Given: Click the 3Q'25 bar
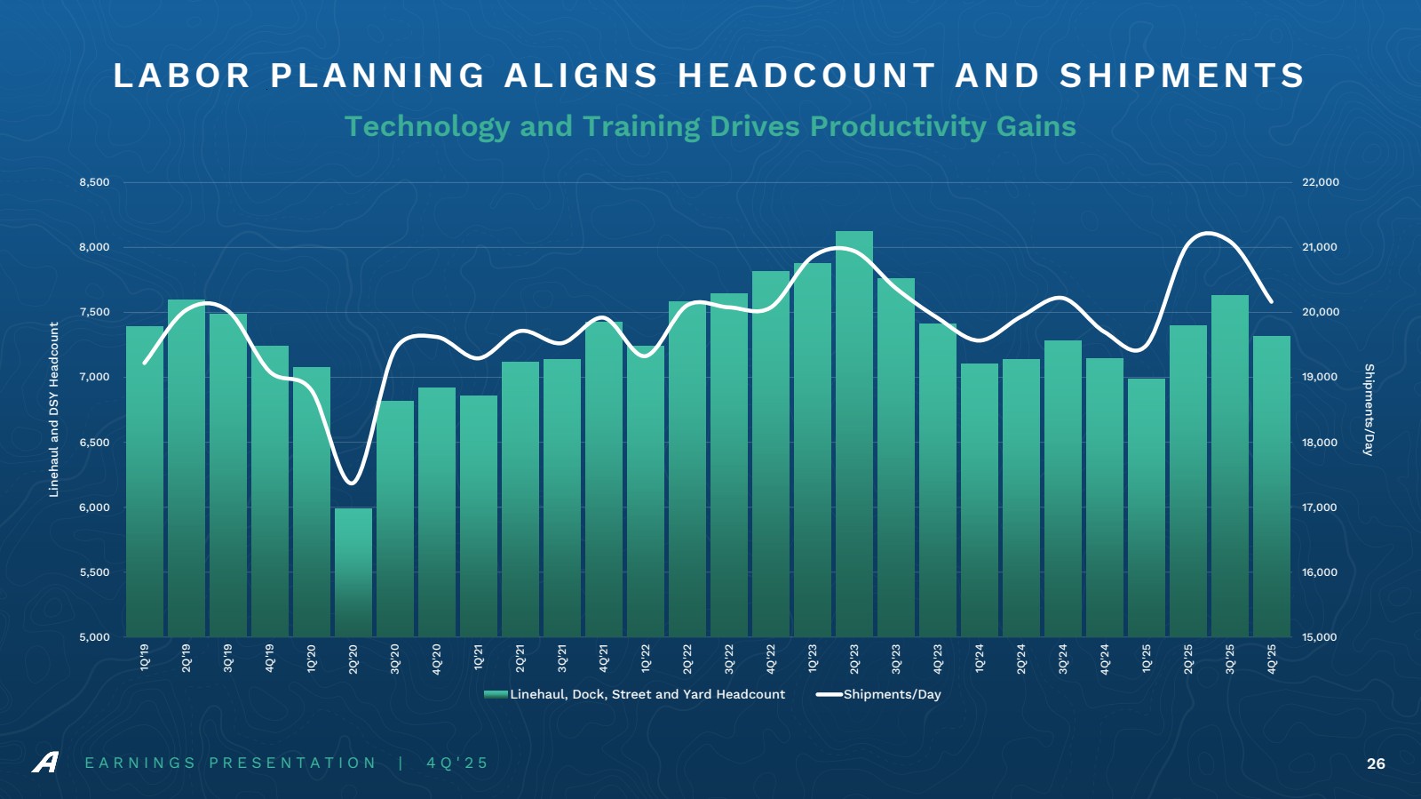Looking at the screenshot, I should click(x=1230, y=466).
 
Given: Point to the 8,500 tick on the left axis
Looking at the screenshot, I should click(x=94, y=182).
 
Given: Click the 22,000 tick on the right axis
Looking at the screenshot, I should click(x=1321, y=182).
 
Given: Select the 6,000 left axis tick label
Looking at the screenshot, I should click(x=94, y=507).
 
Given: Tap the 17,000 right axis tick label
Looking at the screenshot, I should click(x=1321, y=507).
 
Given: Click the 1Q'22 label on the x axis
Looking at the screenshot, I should click(x=646, y=658).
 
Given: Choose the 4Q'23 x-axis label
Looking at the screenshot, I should click(x=938, y=658).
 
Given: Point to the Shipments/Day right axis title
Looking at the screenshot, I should click(x=1369, y=410).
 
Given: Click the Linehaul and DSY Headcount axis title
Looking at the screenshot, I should click(x=54, y=410).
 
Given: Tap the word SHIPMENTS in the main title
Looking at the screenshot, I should click(x=1182, y=76).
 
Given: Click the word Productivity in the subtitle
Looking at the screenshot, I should click(x=898, y=126).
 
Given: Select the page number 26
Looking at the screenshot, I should click(x=1376, y=763).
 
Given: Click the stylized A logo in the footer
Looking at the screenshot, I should click(x=45, y=763).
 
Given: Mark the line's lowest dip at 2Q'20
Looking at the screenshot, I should click(x=352, y=483).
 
